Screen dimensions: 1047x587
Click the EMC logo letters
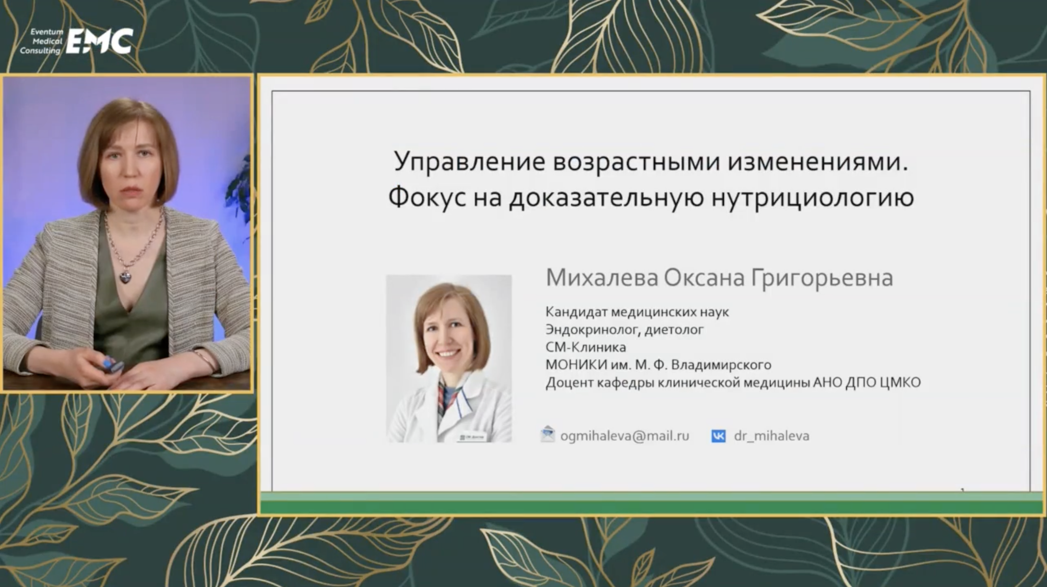(99, 41)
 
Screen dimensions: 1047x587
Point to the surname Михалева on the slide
(602, 277)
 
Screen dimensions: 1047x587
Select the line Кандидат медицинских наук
(637, 312)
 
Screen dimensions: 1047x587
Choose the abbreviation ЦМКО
(901, 382)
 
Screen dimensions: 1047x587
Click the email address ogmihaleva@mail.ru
(625, 436)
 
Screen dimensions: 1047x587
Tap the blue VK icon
(718, 436)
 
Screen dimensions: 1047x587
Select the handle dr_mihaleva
(771, 436)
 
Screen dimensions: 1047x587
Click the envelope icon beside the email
(548, 434)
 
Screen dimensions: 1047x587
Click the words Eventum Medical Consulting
(41, 41)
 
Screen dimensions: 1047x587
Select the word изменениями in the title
(817, 162)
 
